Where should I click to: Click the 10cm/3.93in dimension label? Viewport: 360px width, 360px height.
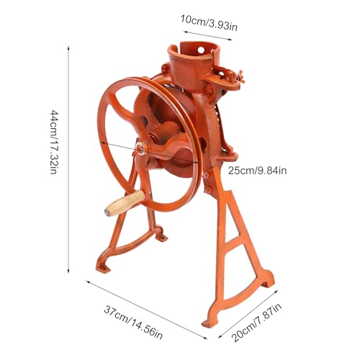point(209,23)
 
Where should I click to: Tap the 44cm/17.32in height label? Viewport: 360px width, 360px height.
point(53,142)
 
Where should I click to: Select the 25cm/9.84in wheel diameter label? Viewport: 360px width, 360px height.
point(257,171)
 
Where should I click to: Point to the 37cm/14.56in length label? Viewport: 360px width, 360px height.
point(133,323)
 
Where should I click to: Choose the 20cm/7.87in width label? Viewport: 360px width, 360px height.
point(256,322)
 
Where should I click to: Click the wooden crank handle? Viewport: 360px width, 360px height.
point(125,203)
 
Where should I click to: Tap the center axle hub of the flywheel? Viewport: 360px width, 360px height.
point(140,148)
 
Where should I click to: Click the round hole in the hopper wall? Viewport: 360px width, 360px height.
point(201,50)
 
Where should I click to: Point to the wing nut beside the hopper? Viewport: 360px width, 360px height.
point(239,76)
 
